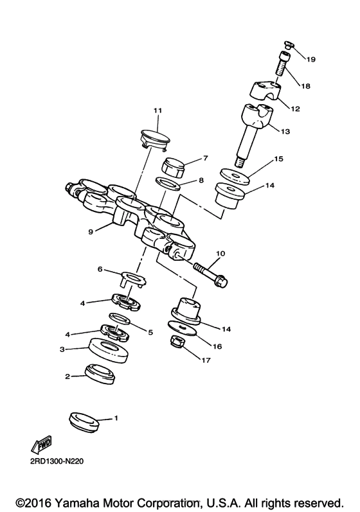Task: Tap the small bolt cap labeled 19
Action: click(288, 46)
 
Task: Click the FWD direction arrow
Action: click(40, 445)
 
